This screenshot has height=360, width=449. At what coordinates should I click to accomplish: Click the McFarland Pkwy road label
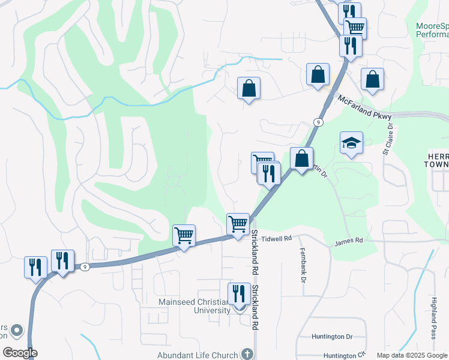[364, 106]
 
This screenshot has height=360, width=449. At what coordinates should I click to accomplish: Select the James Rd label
[349, 241]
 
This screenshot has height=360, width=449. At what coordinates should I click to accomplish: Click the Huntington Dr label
[332, 337]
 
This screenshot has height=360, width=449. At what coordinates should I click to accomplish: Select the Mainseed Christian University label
[194, 306]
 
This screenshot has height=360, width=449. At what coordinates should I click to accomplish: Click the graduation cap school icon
[351, 143]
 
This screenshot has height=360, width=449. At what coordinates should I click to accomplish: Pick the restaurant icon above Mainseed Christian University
[239, 294]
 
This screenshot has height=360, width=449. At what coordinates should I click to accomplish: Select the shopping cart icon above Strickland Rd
[238, 224]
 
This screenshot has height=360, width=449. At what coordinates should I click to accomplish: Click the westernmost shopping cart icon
[184, 235]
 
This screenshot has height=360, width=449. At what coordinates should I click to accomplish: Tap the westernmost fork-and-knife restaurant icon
[35, 267]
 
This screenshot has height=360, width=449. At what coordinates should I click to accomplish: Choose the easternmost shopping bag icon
[372, 79]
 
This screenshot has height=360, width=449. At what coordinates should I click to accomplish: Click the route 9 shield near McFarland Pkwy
[318, 122]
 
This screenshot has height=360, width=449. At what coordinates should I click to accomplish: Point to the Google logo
[20, 353]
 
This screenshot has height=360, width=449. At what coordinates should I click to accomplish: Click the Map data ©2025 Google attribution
[412, 356]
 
